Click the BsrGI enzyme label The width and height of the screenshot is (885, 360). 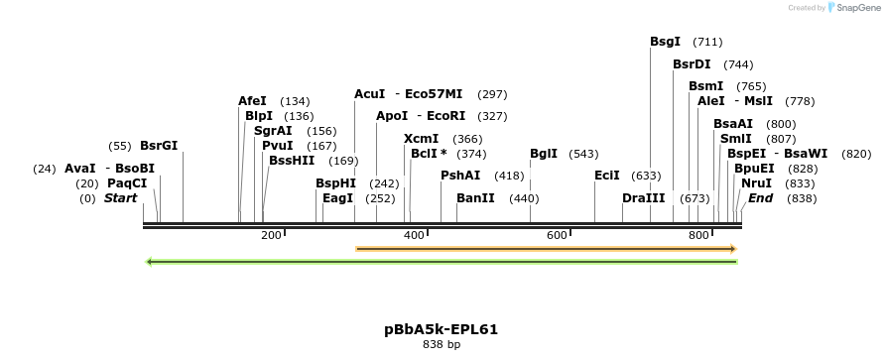159,146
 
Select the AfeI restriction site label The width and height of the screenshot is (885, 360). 252,101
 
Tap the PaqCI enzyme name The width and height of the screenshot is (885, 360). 127,183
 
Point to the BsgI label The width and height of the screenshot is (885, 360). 665,42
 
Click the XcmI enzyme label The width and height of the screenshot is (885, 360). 421,139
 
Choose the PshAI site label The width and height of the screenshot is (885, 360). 460,176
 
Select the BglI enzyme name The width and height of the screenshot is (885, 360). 544,154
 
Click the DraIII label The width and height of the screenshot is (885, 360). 644,198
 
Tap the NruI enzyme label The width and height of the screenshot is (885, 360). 756,183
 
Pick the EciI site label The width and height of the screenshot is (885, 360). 606,176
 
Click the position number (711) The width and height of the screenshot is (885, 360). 707,42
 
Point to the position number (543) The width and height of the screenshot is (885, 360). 584,154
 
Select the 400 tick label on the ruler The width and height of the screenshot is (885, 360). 414,235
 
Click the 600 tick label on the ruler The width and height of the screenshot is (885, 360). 557,235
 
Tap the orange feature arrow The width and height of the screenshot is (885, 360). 546,248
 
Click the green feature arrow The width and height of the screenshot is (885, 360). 442,262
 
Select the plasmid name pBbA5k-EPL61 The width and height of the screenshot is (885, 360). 441,329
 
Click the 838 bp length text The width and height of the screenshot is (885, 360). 441,345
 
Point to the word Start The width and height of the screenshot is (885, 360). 120,198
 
